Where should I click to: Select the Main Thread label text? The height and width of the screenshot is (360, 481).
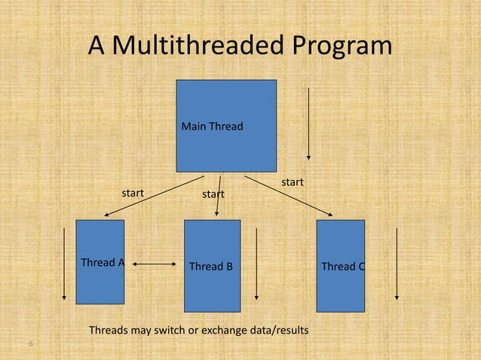point(212,127)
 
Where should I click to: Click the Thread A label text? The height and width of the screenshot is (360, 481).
point(103,263)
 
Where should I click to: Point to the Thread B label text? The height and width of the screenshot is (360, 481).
point(210,267)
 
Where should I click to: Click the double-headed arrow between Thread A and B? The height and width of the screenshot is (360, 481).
point(154,264)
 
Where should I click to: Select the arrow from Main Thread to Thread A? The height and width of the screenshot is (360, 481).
point(154,197)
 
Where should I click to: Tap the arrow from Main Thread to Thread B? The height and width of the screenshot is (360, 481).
point(219,197)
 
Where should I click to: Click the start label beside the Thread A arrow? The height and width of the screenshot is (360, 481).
point(133,193)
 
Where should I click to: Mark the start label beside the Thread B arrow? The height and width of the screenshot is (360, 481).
point(213,195)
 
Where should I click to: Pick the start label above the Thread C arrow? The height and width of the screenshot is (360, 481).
point(293,182)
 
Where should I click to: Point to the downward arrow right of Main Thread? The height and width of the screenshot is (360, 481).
point(308,124)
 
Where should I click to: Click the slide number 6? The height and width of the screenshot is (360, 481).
point(31,344)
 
